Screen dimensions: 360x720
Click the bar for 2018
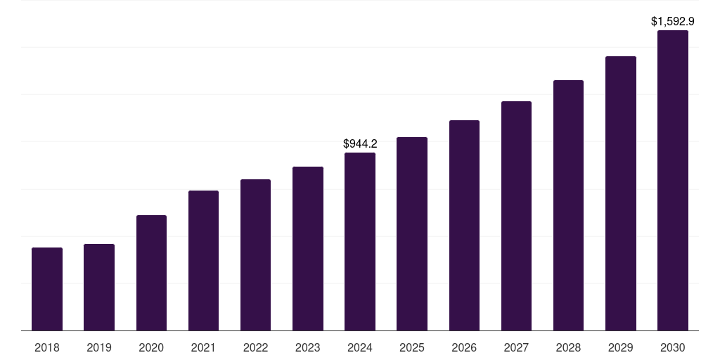[47, 289]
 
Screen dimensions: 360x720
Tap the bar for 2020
[151, 273]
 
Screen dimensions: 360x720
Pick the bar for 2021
[203, 260]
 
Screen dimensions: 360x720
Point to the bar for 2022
[255, 255]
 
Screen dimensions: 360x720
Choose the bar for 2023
[308, 248]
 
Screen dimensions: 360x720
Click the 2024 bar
[360, 241]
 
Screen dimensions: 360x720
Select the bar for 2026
[464, 225]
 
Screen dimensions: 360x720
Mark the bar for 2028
[568, 205]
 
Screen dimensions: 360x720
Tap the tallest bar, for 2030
[673, 180]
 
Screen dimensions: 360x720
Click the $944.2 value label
[360, 143]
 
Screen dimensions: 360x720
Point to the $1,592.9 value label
[673, 22]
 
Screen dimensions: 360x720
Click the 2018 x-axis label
[47, 347]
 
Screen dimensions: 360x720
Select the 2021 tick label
[203, 347]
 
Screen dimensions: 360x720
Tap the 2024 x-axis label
[360, 347]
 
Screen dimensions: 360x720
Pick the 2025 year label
[412, 347]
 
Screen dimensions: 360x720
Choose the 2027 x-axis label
[516, 347]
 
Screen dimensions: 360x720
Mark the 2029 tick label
[620, 347]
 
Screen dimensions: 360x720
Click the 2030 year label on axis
[673, 347]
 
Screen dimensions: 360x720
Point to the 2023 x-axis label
[308, 347]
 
